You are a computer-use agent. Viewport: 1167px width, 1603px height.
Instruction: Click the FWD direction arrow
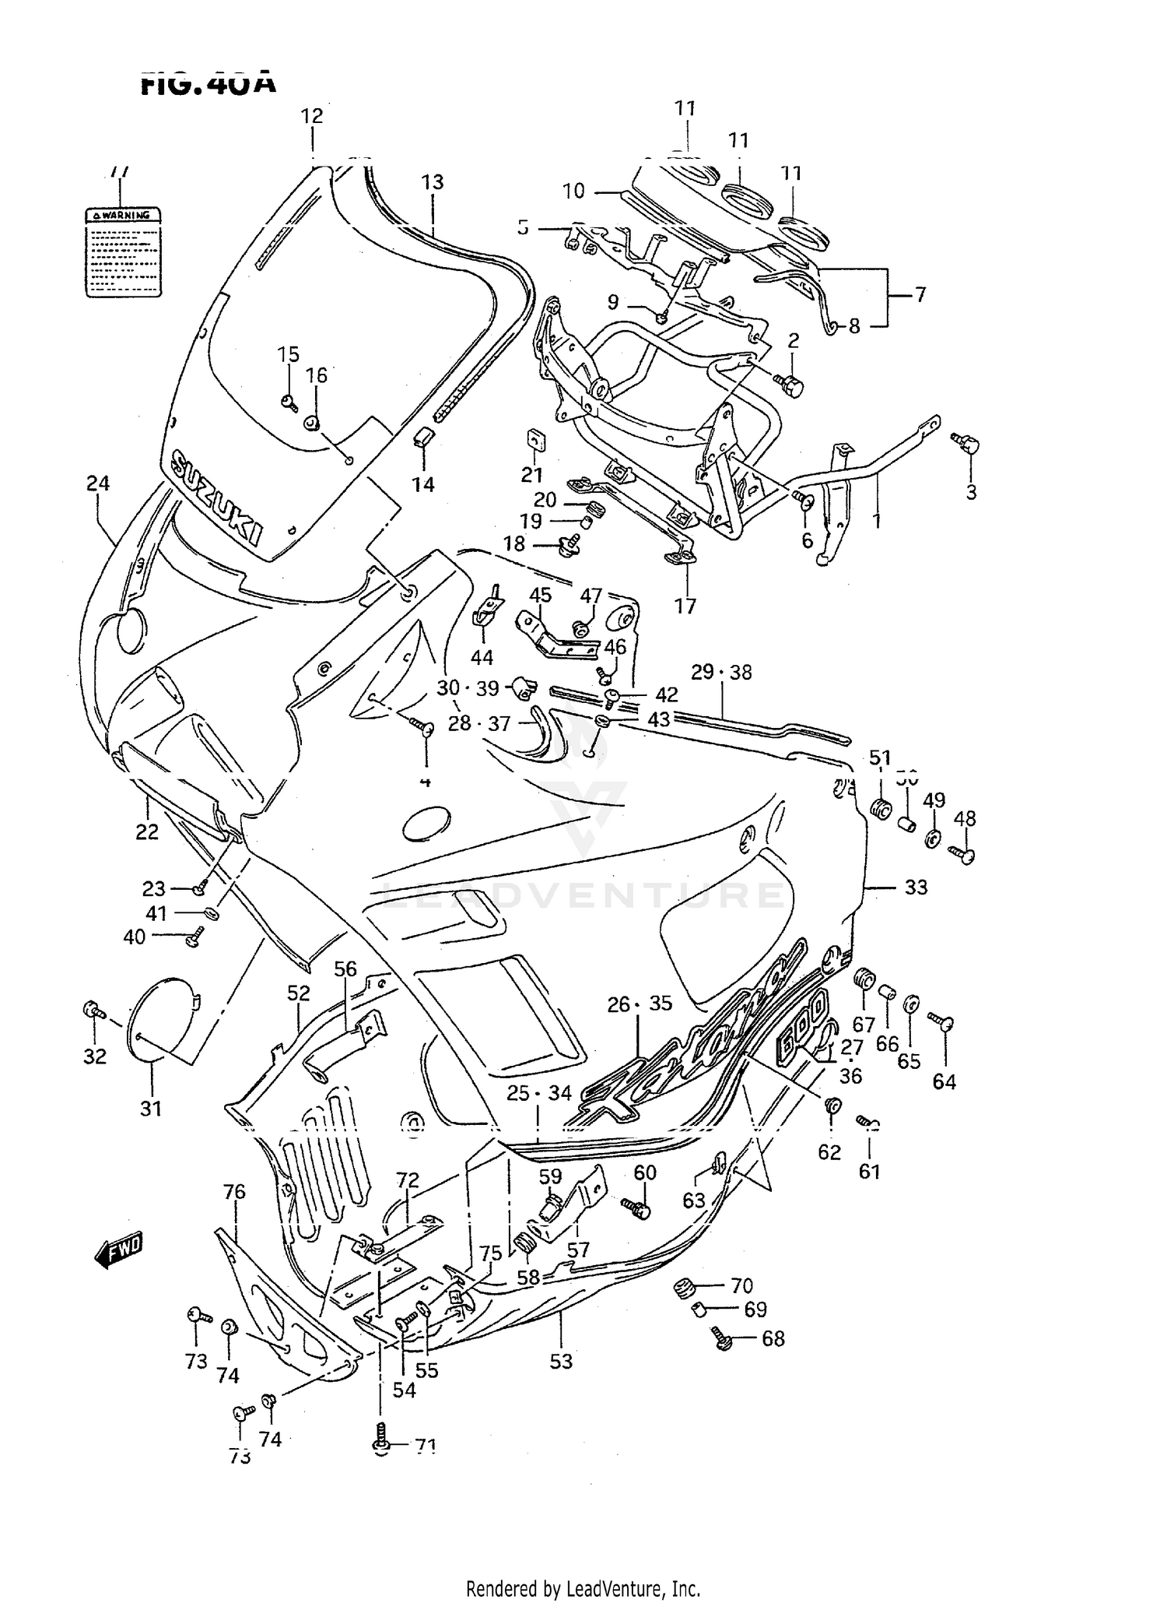click(x=118, y=1251)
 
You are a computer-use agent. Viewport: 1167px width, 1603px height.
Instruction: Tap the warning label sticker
click(x=123, y=251)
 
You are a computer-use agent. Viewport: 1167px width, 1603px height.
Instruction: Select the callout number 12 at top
click(x=312, y=116)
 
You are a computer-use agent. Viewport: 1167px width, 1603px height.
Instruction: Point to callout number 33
click(x=916, y=887)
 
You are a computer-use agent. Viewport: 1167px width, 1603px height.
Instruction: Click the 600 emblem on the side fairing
click(x=801, y=1021)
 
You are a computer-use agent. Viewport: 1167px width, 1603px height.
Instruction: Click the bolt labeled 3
click(x=966, y=445)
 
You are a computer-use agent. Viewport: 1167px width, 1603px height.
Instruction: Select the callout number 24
click(x=98, y=483)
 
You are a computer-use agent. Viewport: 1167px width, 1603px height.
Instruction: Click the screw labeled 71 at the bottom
click(x=380, y=1446)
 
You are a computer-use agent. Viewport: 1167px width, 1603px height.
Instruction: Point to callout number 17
click(x=685, y=605)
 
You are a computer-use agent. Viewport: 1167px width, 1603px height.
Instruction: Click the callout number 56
click(x=345, y=968)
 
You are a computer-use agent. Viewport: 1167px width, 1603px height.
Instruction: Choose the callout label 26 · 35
click(x=640, y=1004)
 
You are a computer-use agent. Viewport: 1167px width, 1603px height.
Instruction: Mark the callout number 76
click(x=234, y=1191)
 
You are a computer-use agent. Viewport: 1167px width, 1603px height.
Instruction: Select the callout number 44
click(x=482, y=657)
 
